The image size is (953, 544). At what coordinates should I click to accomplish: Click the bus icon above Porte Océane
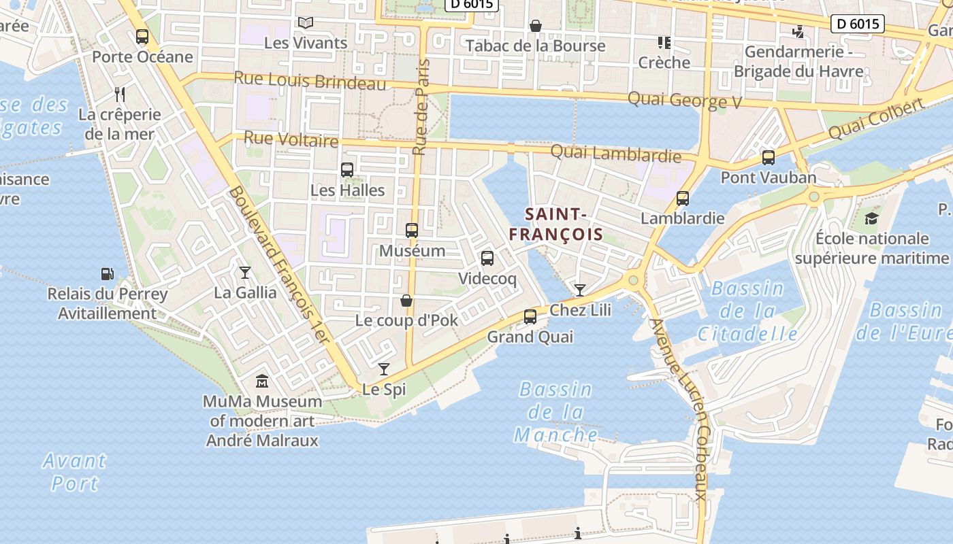click(x=142, y=37)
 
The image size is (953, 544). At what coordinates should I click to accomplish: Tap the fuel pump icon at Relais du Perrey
click(x=108, y=274)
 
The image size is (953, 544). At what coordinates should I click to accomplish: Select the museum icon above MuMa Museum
click(x=262, y=381)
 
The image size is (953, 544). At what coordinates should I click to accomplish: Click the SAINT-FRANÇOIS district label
click(x=556, y=224)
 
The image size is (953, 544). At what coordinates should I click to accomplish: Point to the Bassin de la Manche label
click(x=556, y=412)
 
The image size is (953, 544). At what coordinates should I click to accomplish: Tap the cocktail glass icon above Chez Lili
click(x=579, y=290)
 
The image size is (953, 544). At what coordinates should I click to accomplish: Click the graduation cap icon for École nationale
click(x=871, y=218)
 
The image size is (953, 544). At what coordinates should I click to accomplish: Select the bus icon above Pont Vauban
click(x=769, y=158)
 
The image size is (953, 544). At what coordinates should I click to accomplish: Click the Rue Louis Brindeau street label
click(x=310, y=81)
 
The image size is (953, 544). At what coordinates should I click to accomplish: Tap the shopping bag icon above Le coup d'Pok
click(x=406, y=300)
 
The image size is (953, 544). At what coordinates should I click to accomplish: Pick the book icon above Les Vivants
click(x=306, y=23)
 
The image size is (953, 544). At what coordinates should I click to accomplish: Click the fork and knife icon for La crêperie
click(x=120, y=94)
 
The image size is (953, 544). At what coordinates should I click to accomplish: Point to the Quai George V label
click(x=684, y=101)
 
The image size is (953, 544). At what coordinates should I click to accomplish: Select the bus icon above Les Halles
click(x=347, y=170)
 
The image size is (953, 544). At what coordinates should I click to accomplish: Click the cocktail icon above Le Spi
click(x=384, y=369)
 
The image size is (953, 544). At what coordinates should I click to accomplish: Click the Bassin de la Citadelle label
click(x=747, y=311)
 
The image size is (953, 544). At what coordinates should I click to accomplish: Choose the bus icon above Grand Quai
click(x=530, y=317)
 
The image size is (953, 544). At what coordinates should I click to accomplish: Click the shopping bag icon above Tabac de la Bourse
click(x=536, y=26)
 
